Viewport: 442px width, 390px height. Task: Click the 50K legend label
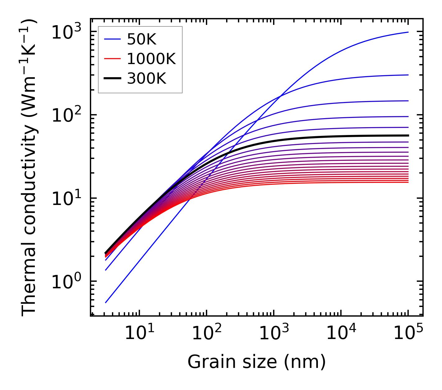[x=142, y=39]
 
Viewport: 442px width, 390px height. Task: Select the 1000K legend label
[x=151, y=59]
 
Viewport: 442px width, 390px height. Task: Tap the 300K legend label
[x=147, y=79]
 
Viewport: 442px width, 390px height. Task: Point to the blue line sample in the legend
[x=112, y=39]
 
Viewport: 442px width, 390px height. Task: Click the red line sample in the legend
[x=112, y=59]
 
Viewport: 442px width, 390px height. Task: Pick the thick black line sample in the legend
[x=112, y=79]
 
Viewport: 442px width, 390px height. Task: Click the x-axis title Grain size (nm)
[x=257, y=362]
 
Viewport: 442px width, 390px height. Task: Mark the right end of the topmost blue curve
[x=408, y=32]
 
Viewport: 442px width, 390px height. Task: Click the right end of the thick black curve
[x=408, y=135]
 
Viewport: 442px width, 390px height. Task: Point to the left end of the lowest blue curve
[x=106, y=302]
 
